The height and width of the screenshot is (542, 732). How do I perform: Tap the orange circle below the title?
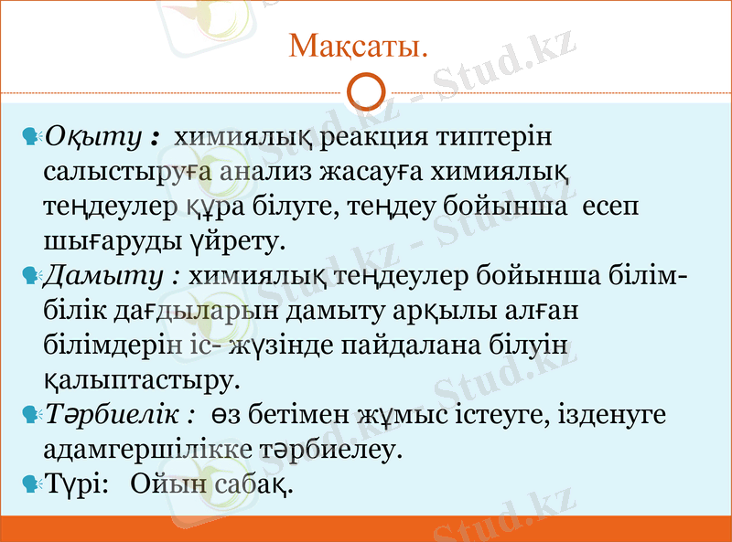click(366, 92)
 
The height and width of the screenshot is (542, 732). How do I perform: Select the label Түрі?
click(77, 483)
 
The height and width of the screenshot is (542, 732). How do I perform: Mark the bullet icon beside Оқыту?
click(30, 138)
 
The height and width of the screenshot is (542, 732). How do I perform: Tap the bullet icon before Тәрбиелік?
click(30, 413)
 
